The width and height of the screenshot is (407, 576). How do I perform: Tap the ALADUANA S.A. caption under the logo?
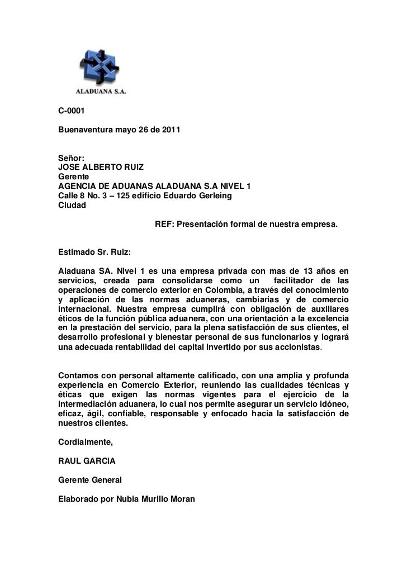coord(101,91)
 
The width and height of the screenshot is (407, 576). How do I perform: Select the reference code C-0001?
coord(72,111)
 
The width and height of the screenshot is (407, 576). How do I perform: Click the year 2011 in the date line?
coord(171,130)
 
